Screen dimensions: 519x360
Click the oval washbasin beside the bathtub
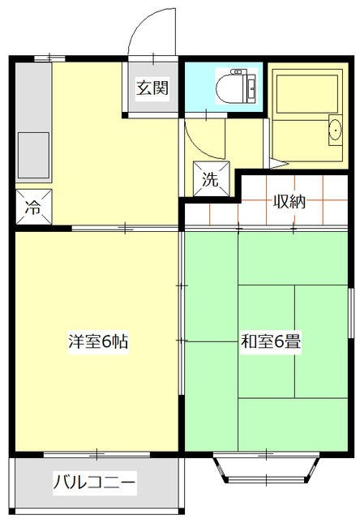pyautogui.click(x=334, y=131)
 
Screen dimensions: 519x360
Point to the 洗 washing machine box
pyautogui.click(x=211, y=180)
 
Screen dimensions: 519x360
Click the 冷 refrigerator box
pyautogui.click(x=33, y=207)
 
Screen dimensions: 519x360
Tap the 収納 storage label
pyautogui.click(x=288, y=202)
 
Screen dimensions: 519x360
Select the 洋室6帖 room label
pyautogui.click(x=97, y=341)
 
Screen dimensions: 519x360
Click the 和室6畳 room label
pyautogui.click(x=270, y=341)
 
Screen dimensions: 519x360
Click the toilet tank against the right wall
pyautogui.click(x=251, y=87)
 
